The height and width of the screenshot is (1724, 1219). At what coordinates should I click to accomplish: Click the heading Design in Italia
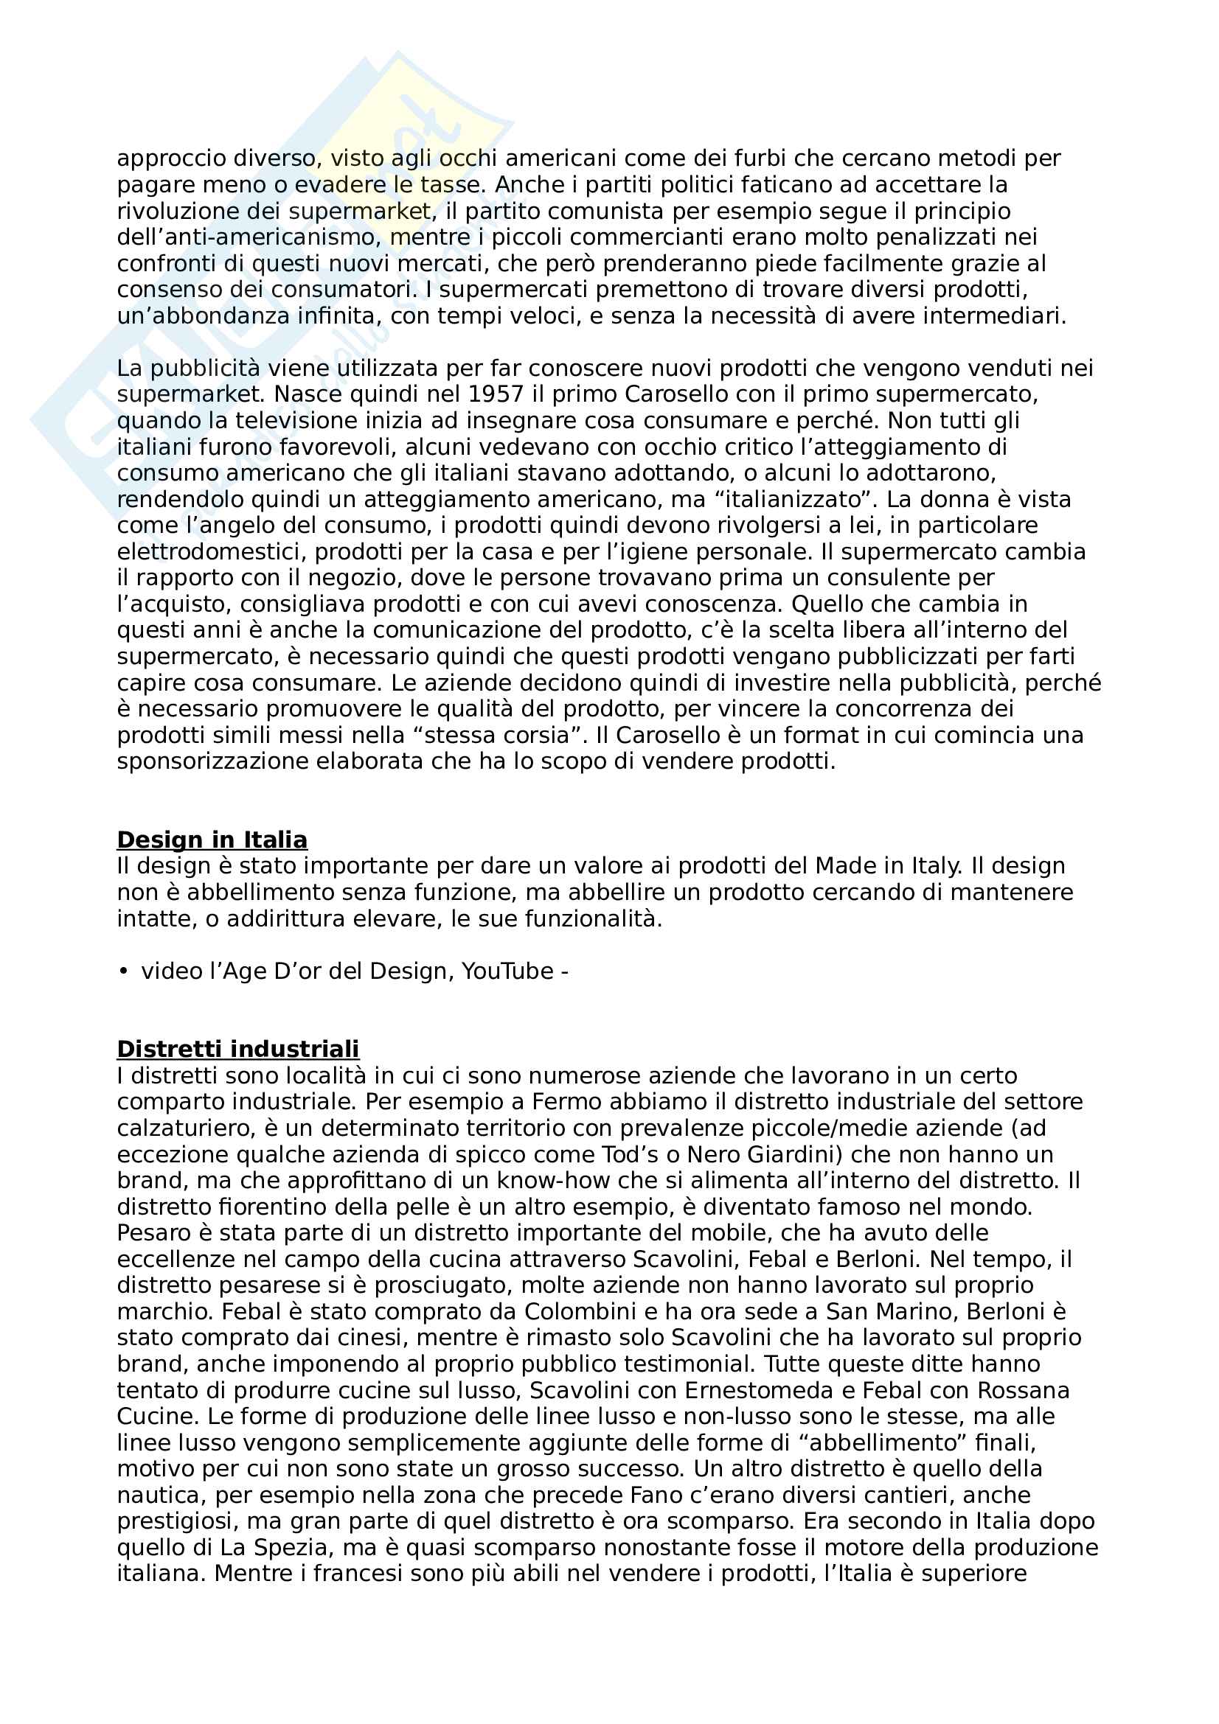pos(212,840)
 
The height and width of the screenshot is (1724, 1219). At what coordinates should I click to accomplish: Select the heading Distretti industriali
pos(238,1049)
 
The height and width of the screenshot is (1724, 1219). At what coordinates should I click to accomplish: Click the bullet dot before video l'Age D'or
pos(123,971)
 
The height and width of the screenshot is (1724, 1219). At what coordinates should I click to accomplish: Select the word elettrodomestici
pos(212,552)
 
